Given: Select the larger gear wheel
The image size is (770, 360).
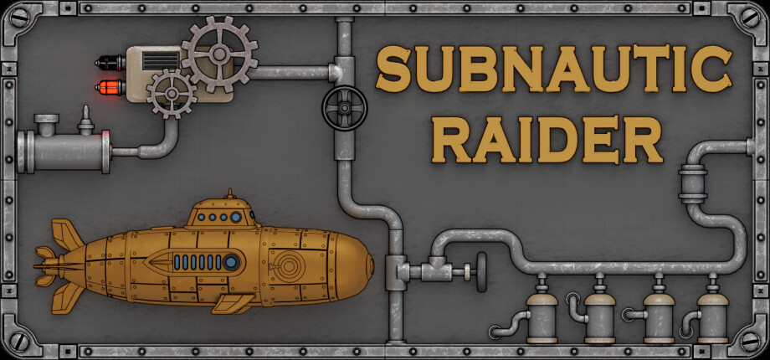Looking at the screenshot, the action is tap(219, 54).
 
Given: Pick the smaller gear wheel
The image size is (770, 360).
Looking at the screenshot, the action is tap(172, 94).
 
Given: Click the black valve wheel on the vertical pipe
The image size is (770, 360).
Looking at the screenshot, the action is tap(345, 108).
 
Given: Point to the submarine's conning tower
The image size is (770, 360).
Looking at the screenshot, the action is tap(223, 212).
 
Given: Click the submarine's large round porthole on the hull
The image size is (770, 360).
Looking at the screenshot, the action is tap(231, 262).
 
